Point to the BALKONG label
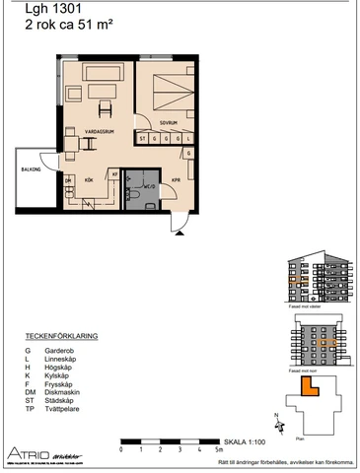click(x=30, y=169)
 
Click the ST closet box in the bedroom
click(x=143, y=139)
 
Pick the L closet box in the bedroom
click(x=154, y=139)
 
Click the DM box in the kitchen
click(x=69, y=181)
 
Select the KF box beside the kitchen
click(x=114, y=174)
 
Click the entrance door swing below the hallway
click(x=178, y=224)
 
